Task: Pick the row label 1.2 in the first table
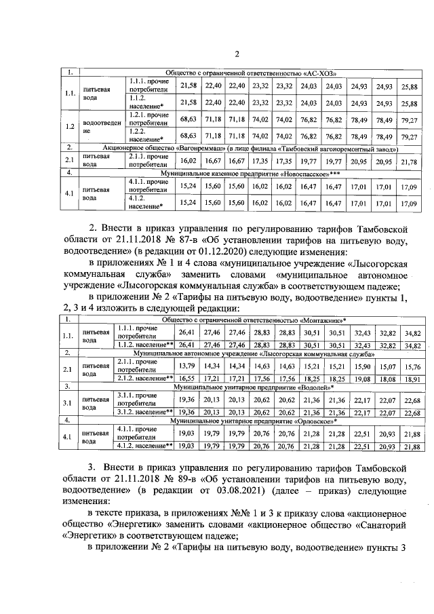click(70, 126)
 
